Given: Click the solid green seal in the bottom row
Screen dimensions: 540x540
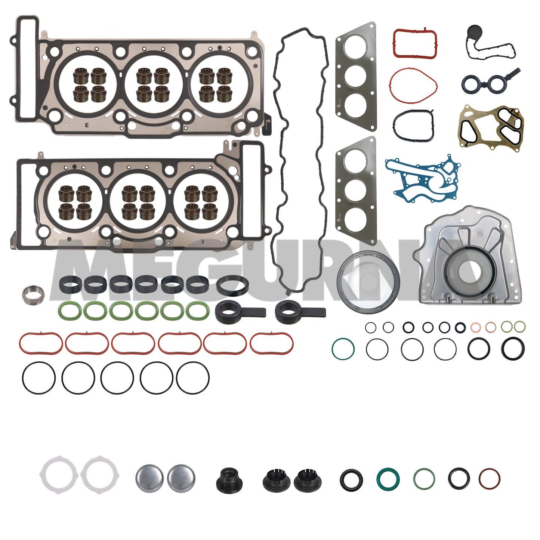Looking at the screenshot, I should click(388, 479).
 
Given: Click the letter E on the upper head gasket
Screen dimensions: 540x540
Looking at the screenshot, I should click(87, 125).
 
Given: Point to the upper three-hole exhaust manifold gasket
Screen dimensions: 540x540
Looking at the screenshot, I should click(356, 77).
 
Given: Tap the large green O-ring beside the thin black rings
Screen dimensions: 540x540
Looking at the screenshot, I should click(343, 349).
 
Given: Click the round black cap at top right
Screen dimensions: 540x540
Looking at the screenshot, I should click(474, 33).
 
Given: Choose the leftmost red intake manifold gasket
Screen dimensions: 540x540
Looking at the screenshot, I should click(40, 343).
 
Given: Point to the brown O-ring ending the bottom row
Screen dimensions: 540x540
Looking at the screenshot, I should click(489, 479).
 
